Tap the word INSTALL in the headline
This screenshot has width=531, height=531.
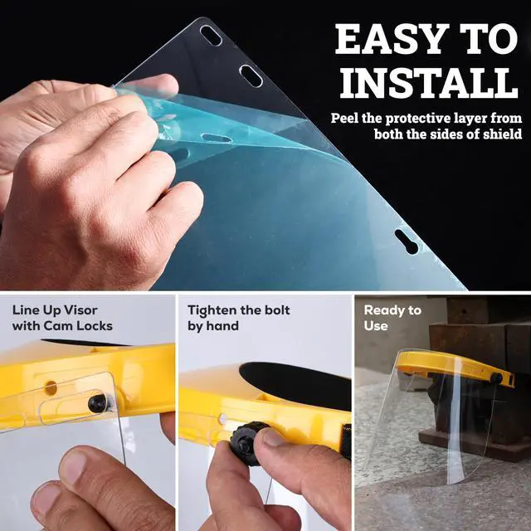(x=429, y=83)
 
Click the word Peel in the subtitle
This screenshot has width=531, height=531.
(x=345, y=118)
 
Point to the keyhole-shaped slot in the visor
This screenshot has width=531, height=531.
(x=407, y=241)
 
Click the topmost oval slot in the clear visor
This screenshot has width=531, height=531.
(x=211, y=36)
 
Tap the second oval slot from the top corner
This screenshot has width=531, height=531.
(x=251, y=76)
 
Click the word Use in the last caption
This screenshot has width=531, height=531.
(x=376, y=326)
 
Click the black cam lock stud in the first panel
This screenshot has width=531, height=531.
(x=98, y=403)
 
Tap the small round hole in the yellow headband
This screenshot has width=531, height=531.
(x=51, y=388)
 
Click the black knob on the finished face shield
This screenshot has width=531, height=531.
(x=496, y=378)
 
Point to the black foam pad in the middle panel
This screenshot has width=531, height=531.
(x=295, y=385)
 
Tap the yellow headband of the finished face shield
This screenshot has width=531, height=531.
(x=454, y=367)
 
